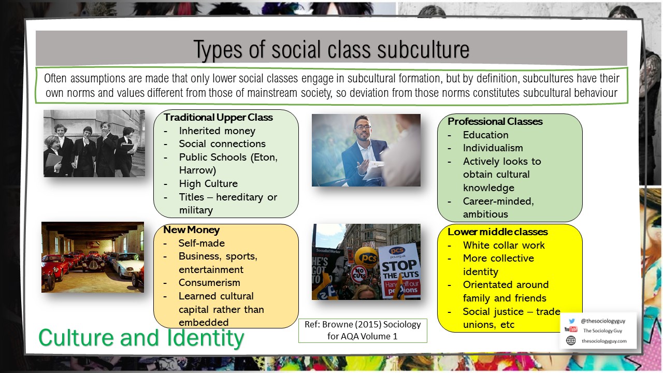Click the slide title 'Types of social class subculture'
pos(331,50)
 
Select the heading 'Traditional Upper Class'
pos(218,118)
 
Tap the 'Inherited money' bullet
pos(217,131)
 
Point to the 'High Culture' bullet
pos(208,183)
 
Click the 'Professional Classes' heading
pos(495,121)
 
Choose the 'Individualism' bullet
pos(493,148)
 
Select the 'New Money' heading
pos(191,229)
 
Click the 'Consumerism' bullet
pos(209,283)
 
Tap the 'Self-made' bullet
pos(201,243)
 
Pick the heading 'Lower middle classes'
pos(497,232)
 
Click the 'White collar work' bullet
pos(503,245)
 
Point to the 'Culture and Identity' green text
pos(141,338)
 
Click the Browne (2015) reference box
pos(363,331)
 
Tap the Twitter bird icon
pos(571,321)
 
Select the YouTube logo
pos(571,330)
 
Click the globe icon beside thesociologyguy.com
pos(571,340)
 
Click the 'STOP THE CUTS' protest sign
pos(399,269)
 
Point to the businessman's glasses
pos(362,127)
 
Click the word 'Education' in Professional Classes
pos(485,135)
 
